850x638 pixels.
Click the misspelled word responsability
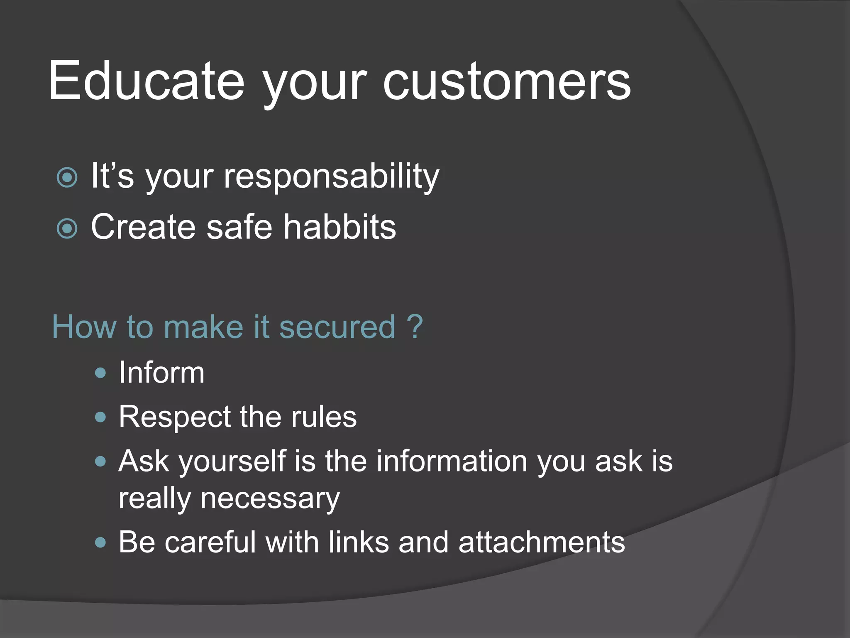(x=331, y=176)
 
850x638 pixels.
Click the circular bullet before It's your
(x=67, y=178)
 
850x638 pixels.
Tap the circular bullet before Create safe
(x=67, y=228)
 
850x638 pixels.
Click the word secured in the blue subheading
(x=337, y=327)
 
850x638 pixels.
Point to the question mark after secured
(x=414, y=326)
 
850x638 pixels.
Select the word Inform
(x=161, y=373)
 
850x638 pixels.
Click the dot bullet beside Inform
(x=100, y=373)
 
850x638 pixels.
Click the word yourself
(x=232, y=462)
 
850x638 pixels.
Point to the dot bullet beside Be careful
(x=100, y=542)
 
